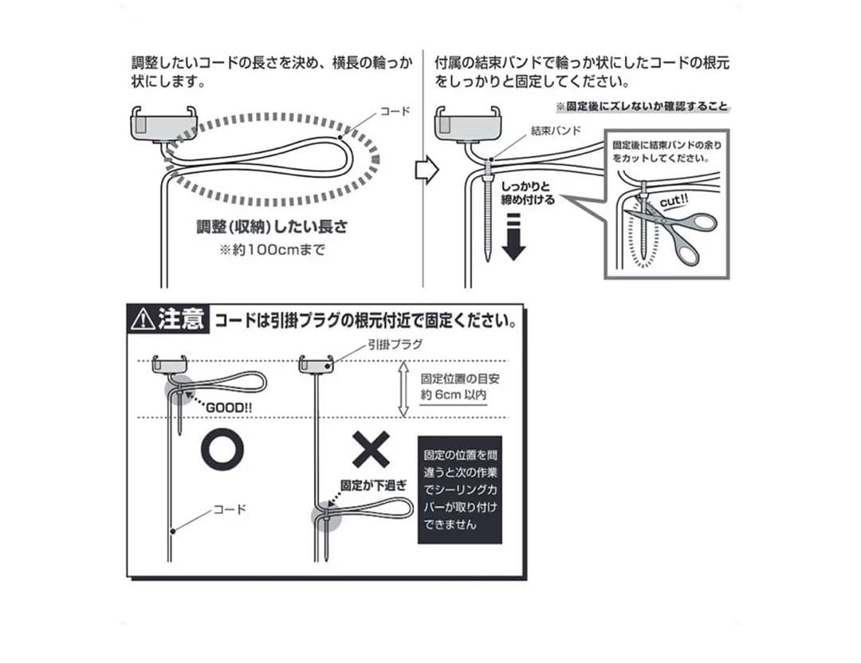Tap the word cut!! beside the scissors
[674, 202]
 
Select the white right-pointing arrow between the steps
[427, 170]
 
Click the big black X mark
[371, 450]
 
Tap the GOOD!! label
[230, 407]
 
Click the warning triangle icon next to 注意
[143, 320]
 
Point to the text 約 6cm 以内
[454, 395]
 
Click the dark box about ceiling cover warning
[460, 489]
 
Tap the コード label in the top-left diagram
[394, 112]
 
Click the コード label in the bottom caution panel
[230, 509]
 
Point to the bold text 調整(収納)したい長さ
[273, 226]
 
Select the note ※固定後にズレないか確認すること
[643, 107]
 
